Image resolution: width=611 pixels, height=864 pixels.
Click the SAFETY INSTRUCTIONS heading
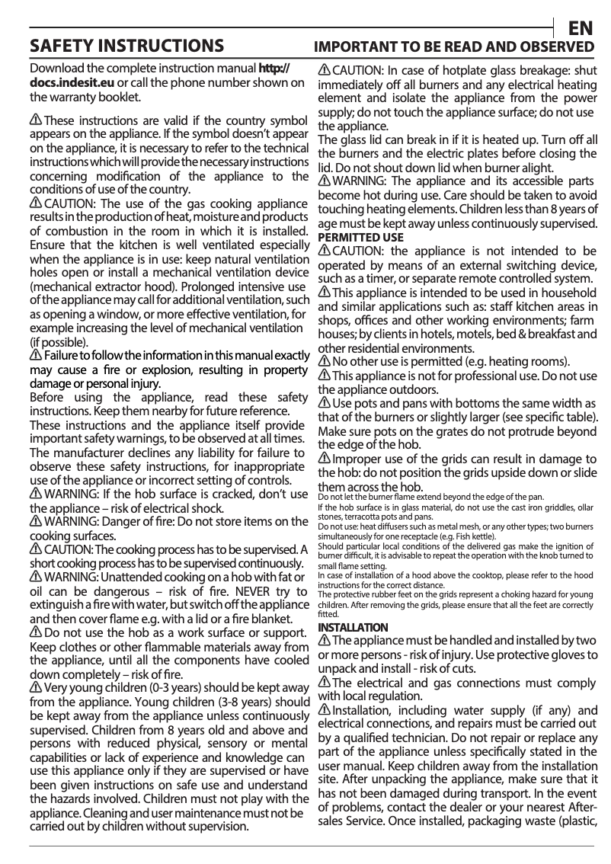tap(126, 47)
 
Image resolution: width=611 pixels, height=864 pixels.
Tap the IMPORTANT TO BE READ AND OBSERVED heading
tap(455, 48)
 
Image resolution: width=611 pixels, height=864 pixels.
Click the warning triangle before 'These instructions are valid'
tap(36, 121)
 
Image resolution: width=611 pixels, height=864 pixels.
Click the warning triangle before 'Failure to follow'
tap(36, 356)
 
